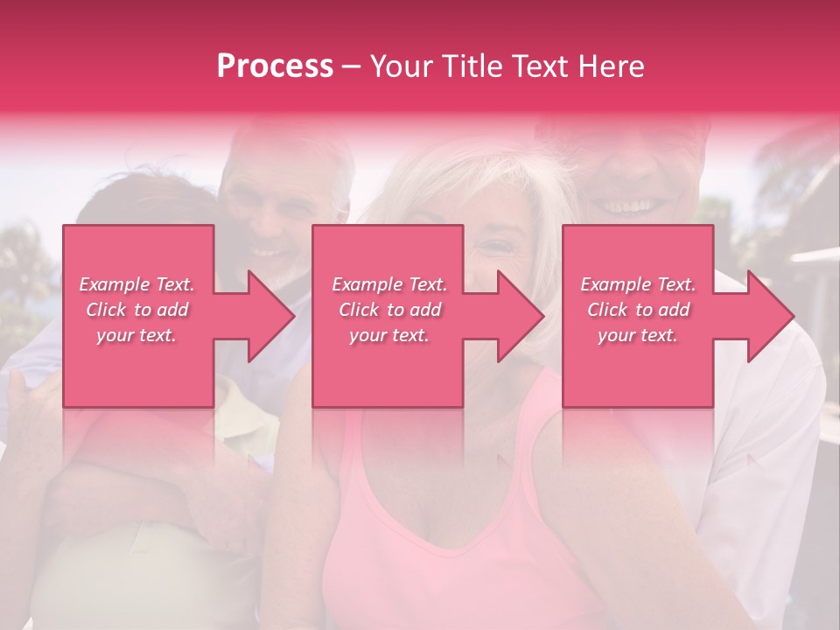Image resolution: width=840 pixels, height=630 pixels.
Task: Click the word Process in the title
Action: pyautogui.click(x=275, y=66)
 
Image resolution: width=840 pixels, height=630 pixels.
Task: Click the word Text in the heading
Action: pyautogui.click(x=542, y=66)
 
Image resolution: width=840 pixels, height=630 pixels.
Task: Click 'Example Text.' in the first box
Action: pyautogui.click(x=137, y=284)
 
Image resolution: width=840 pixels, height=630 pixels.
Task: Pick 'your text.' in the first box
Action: pyautogui.click(x=137, y=335)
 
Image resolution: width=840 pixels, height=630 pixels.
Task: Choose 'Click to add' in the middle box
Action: pyautogui.click(x=389, y=310)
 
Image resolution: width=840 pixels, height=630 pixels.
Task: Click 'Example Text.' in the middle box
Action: pyautogui.click(x=389, y=284)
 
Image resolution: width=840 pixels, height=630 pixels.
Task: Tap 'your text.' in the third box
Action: pyautogui.click(x=638, y=335)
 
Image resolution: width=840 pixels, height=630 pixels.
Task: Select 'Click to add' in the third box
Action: pyautogui.click(x=638, y=310)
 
